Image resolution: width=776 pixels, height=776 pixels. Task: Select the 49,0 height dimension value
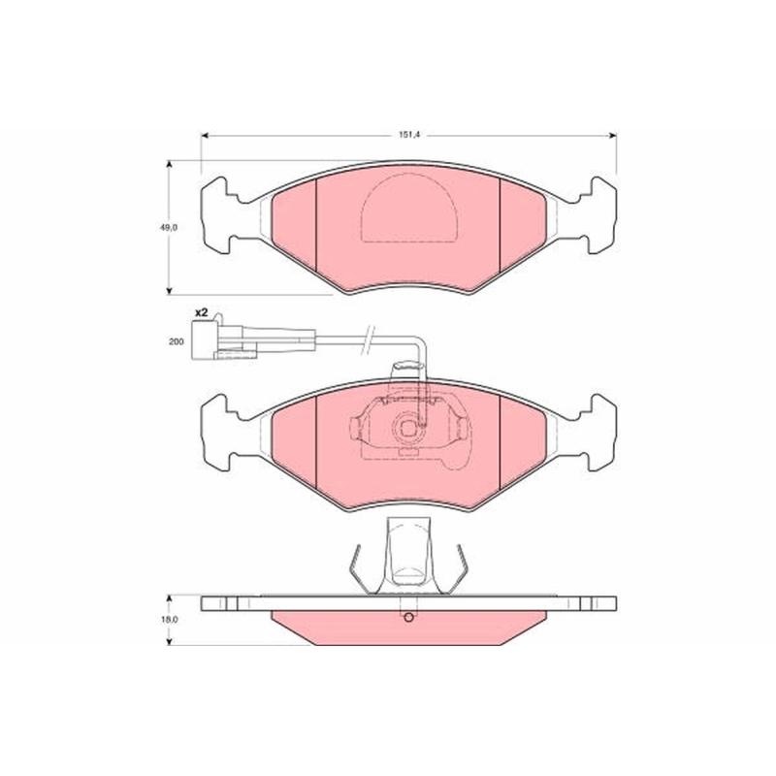coord(168,228)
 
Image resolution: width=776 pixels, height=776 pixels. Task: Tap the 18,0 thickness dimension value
coord(168,619)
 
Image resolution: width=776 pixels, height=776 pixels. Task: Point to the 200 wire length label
coord(176,341)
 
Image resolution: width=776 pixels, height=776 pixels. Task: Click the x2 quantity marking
coord(201,312)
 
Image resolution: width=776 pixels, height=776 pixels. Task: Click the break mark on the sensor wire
coord(369,340)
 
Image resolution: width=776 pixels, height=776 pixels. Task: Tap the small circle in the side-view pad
coord(408,618)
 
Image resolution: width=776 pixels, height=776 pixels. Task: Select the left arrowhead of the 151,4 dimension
coord(206,136)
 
